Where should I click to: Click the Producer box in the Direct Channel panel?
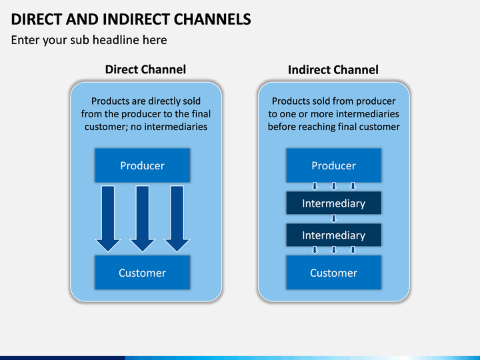pos(143,165)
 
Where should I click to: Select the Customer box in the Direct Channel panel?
pos(143,273)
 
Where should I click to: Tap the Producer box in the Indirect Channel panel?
pos(334,165)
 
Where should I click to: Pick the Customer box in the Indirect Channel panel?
pos(334,273)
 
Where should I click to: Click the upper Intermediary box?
pos(334,203)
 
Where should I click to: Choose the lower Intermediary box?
pos(334,235)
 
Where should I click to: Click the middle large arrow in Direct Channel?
pos(143,219)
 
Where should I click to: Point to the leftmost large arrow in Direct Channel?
pos(108,219)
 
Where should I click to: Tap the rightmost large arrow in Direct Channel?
pos(177,219)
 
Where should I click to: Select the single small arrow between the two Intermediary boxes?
pos(334,219)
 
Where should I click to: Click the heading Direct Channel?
pos(145,69)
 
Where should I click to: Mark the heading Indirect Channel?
pos(333,70)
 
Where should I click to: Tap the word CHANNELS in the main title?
pos(213,19)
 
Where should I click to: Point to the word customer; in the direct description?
pos(106,127)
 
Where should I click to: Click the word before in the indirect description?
pos(281,127)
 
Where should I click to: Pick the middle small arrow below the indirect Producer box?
pos(334,186)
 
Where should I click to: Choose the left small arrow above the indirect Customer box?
pos(315,250)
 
